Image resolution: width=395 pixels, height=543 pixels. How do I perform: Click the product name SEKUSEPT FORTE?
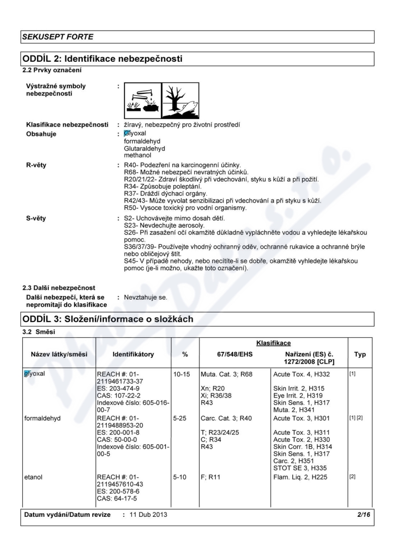58,37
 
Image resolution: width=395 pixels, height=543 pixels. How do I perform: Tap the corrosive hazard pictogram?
140,100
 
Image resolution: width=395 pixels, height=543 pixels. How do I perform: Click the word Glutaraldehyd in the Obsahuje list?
145,148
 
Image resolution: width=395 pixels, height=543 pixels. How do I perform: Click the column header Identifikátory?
133,354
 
